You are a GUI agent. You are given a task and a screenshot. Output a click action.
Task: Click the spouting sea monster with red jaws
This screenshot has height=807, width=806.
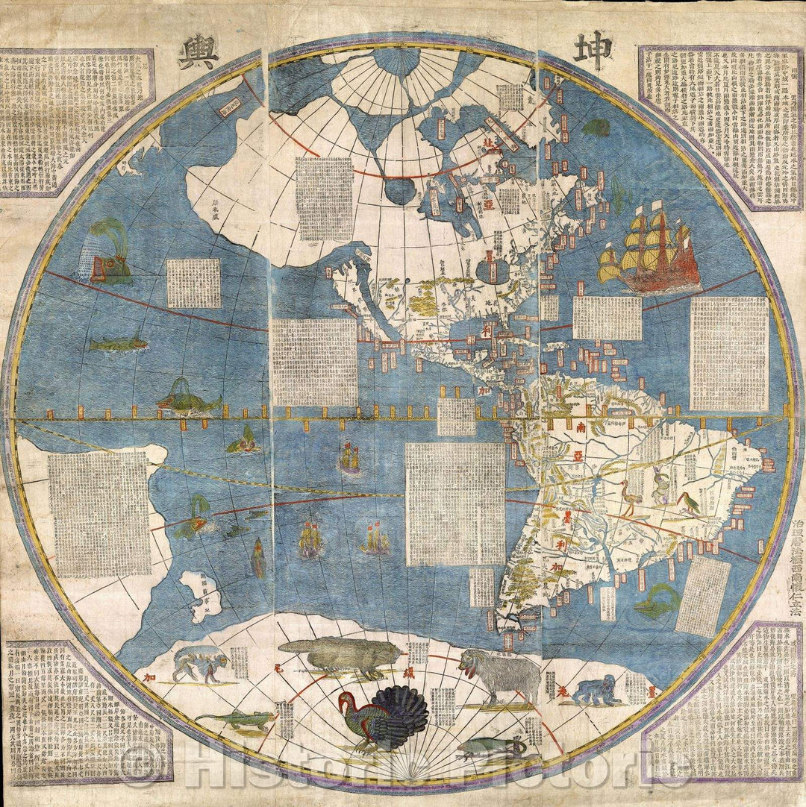[110, 254]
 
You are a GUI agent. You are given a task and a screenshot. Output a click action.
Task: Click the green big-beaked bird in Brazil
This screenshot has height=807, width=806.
[687, 504]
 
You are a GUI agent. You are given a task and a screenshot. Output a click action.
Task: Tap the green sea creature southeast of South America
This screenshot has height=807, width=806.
[657, 600]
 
